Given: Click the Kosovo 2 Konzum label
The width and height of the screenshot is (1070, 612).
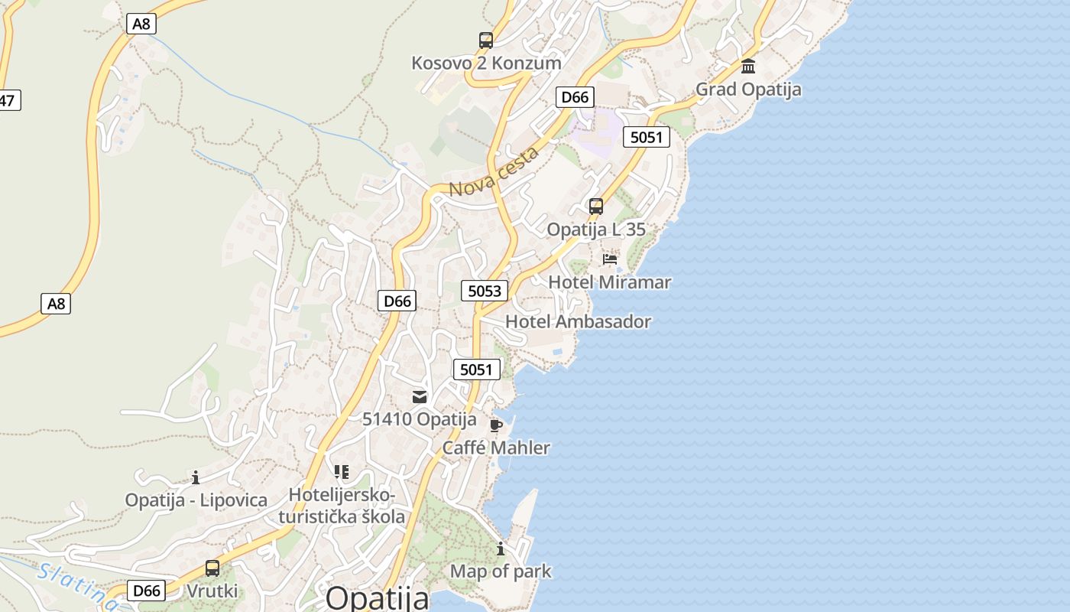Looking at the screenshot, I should point(486,63).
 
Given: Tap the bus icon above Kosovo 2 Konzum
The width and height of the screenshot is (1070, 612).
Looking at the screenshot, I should point(486,41).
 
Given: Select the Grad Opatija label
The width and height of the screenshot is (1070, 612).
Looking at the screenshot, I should point(748,90).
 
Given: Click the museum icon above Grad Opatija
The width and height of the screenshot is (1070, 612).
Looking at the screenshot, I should point(748,67).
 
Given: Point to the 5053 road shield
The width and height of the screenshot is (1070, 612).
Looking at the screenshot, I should point(485,291).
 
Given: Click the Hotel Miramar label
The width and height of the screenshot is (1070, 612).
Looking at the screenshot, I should point(610,282).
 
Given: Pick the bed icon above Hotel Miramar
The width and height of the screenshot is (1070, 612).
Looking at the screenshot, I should point(610,259).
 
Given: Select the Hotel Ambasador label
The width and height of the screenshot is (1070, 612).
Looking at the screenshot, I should point(579,321).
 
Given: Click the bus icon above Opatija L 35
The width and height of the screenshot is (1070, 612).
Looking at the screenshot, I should point(596,207).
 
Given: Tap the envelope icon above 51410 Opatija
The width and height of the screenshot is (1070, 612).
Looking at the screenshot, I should point(420,396).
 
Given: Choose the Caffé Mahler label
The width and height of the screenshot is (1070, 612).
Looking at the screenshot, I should point(496,448).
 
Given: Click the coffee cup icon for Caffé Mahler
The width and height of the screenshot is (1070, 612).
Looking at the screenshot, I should point(496,425).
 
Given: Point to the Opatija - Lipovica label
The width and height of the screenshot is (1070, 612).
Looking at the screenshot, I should point(196,500).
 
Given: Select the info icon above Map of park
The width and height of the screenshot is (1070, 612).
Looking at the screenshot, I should point(501,549).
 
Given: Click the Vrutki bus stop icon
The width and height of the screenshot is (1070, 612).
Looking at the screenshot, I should point(212,568).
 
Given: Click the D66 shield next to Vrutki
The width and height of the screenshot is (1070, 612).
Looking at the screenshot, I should point(146,591).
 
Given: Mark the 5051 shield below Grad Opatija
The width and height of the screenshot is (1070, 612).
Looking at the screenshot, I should point(647,138).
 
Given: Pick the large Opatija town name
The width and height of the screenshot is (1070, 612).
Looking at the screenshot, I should point(378,597).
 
